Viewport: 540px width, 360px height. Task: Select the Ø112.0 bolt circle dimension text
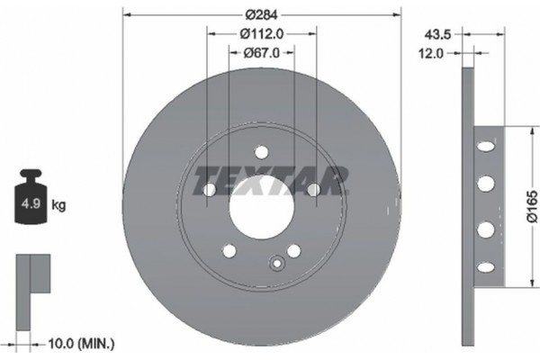[x=262, y=34]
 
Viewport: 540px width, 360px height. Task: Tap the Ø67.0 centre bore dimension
[x=261, y=53]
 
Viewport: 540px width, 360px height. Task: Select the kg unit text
[x=59, y=204]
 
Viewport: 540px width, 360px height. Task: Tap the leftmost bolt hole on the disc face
[x=209, y=190]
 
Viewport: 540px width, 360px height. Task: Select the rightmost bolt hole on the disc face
[x=313, y=190]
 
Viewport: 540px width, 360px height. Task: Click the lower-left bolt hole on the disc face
[x=229, y=250]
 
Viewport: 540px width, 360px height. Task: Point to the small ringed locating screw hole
[x=277, y=264]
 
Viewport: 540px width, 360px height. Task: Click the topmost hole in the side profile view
[x=486, y=145]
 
